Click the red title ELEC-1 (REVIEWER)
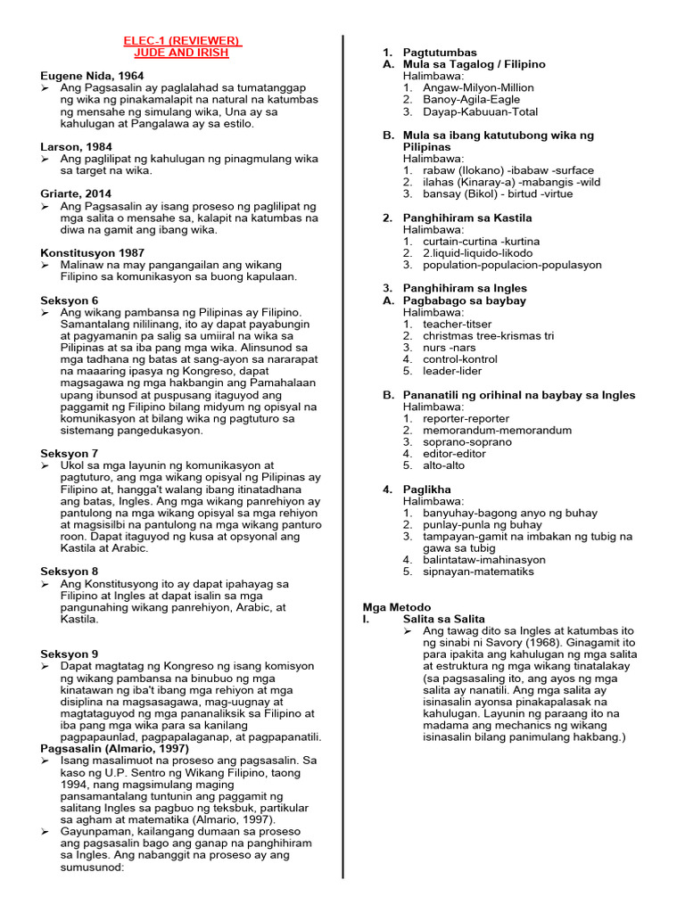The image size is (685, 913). [182, 41]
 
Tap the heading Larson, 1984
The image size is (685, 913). [77, 146]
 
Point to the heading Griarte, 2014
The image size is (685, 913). [77, 193]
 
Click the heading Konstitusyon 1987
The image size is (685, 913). [93, 252]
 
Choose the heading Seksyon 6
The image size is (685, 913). [70, 300]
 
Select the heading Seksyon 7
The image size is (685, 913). [70, 453]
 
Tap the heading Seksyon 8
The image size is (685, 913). [70, 572]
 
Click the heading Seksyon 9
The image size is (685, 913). [70, 654]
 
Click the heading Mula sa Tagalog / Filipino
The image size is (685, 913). [474, 64]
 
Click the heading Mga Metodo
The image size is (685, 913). [397, 606]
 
